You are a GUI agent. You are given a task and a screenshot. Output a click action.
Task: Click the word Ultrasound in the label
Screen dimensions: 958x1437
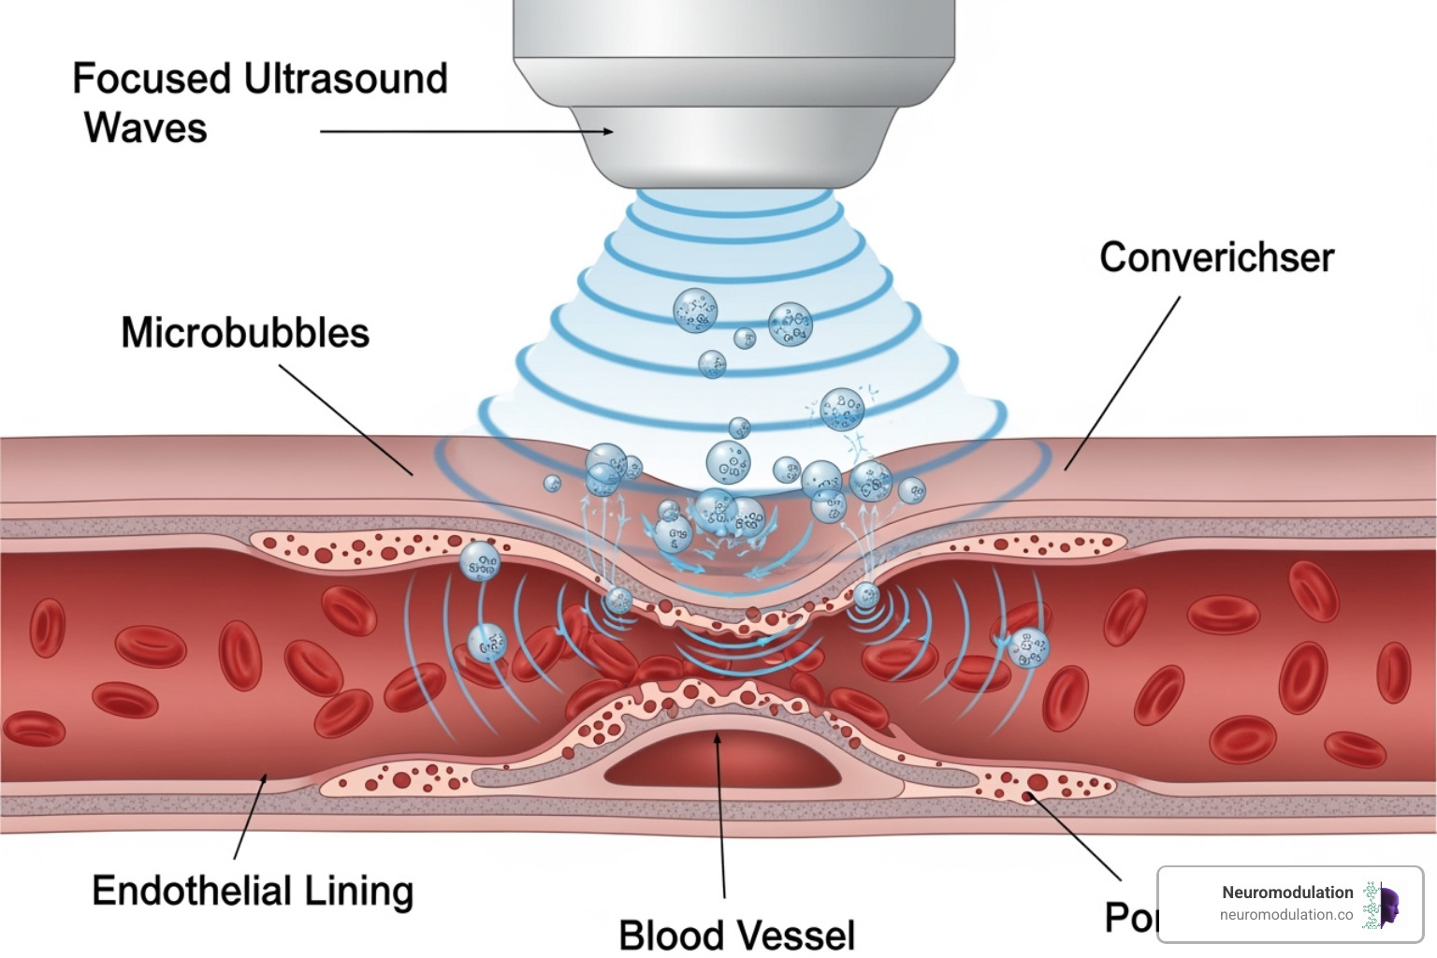coord(346,79)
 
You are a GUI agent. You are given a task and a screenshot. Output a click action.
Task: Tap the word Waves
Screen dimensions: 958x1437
coord(145,128)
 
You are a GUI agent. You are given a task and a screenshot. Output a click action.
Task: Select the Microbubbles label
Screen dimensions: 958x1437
coord(245,333)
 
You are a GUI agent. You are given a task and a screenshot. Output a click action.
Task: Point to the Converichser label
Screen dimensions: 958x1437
coord(1216,257)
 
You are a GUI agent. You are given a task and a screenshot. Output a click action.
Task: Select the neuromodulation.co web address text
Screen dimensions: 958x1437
coord(1285,915)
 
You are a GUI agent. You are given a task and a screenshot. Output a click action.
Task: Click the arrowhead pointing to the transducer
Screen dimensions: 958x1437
coord(608,132)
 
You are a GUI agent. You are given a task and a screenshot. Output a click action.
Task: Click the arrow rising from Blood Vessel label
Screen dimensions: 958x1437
coord(720,814)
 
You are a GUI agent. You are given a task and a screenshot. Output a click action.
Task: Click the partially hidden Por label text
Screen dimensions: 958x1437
coord(1130,918)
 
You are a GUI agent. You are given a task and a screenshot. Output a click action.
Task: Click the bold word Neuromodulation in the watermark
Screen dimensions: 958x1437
coord(1287,893)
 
